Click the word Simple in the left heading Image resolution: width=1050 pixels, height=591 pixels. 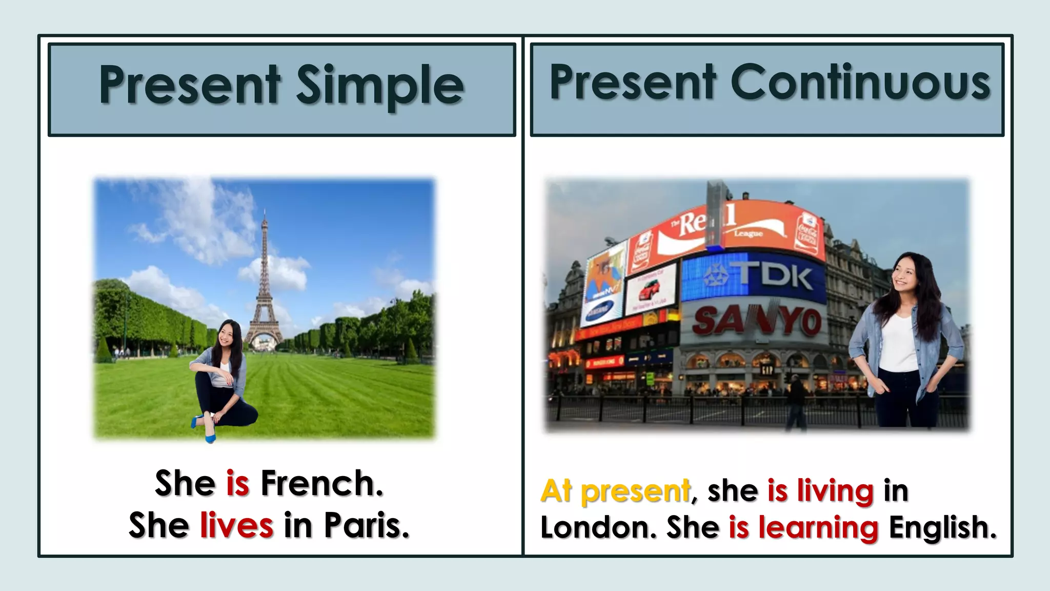tap(380, 85)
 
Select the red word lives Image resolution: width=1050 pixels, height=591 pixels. tap(236, 525)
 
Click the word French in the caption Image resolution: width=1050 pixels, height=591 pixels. tap(321, 483)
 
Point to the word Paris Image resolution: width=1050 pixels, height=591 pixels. tap(366, 525)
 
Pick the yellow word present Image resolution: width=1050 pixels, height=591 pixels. tap(635, 491)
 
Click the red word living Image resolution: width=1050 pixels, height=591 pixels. tap(835, 491)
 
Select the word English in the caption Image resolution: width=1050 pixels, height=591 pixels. tap(942, 528)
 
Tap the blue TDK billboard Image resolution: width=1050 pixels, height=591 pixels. tap(754, 278)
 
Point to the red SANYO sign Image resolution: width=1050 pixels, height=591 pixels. tap(757, 321)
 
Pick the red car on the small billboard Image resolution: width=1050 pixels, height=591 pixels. tap(650, 291)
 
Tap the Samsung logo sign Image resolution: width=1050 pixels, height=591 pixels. tap(600, 310)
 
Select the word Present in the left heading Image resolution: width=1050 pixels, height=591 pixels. tap(190, 85)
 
